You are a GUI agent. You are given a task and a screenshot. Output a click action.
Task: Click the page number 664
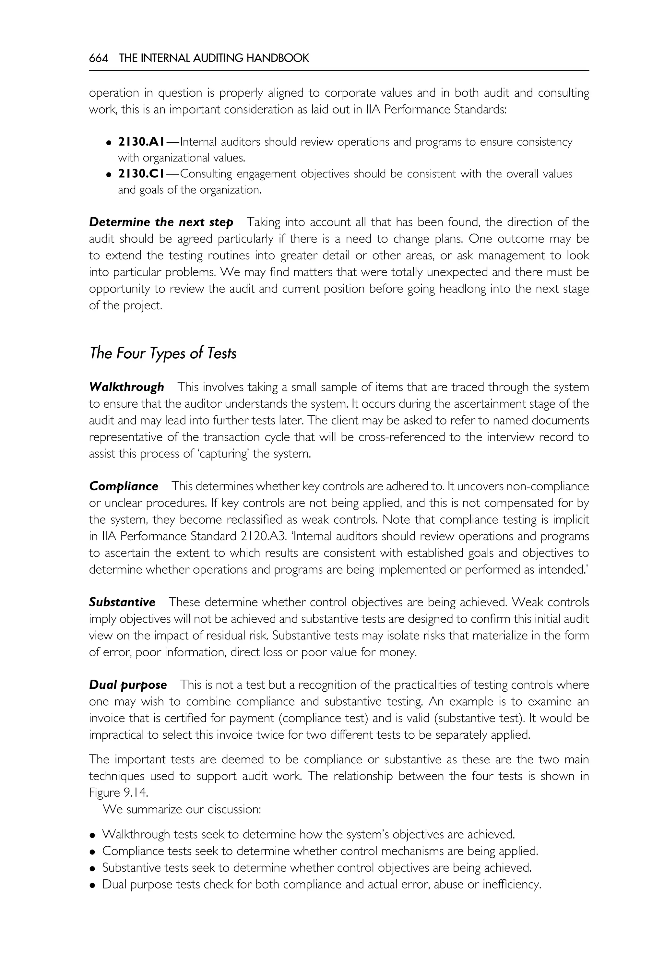pos(99,58)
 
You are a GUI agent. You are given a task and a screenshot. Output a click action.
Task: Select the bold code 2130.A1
pos(141,142)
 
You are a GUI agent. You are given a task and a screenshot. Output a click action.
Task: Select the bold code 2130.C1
pos(141,173)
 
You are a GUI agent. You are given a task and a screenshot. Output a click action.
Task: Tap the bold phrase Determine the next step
pos(161,222)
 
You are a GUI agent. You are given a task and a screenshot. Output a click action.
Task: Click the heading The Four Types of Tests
pos(163,353)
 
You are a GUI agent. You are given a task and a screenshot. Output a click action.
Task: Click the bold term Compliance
pos(124,486)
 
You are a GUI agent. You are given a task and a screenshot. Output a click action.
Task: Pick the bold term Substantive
pos(122,602)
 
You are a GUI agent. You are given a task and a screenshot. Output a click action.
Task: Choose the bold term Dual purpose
pos(128,685)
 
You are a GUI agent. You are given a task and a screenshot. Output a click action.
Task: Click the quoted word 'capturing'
pos(222,454)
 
